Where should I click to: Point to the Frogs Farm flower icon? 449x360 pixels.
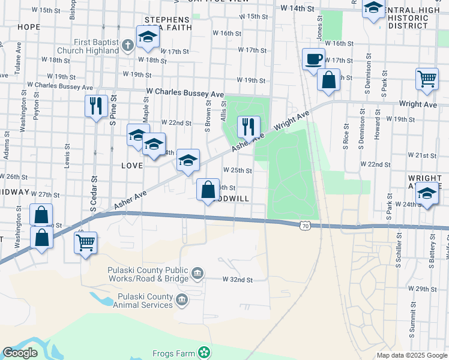pos(205,353)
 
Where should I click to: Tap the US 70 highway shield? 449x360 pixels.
pos(306,226)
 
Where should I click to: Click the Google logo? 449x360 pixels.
pos(20,353)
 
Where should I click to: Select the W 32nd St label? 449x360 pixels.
pos(238,280)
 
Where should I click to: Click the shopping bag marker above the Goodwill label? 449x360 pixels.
pos(208,190)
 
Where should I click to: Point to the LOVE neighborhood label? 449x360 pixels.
pos(131,165)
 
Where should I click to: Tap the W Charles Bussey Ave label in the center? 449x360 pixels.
pos(185,94)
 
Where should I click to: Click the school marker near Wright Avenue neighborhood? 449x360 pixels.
pos(427,195)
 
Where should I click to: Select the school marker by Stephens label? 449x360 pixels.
pos(147,38)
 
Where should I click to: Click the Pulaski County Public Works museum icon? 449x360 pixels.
pos(197,275)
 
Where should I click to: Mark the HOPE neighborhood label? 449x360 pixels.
pos(29,27)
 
